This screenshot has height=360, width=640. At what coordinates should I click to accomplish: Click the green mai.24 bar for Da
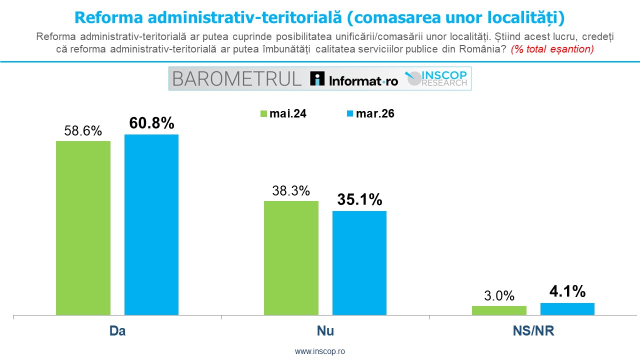(83, 228)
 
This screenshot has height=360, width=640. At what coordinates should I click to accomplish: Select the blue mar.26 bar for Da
(151, 224)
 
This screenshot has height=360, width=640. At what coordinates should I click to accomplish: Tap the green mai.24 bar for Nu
(291, 258)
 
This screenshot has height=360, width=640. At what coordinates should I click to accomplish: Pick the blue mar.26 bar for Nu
(359, 263)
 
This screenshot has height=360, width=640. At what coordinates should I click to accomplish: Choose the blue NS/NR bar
(567, 309)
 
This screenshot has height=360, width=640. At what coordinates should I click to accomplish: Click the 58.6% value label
(83, 131)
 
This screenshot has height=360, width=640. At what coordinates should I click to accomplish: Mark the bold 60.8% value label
(151, 123)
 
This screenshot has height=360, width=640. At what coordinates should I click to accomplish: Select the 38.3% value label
(291, 191)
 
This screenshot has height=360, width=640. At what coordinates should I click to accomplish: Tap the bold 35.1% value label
(359, 199)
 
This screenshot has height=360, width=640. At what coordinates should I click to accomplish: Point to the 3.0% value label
(499, 295)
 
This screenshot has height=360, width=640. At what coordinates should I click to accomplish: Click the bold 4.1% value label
(567, 291)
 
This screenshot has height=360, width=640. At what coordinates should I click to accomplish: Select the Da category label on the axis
(117, 331)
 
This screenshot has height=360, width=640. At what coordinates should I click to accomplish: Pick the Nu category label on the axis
(325, 331)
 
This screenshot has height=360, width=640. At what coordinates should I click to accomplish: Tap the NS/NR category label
(533, 331)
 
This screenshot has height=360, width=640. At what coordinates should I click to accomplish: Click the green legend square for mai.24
(264, 114)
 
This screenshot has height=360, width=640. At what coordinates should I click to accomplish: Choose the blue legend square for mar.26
(350, 114)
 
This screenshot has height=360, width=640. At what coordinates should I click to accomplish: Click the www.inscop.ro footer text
(320, 351)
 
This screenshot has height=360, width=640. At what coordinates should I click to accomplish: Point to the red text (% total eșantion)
(552, 49)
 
